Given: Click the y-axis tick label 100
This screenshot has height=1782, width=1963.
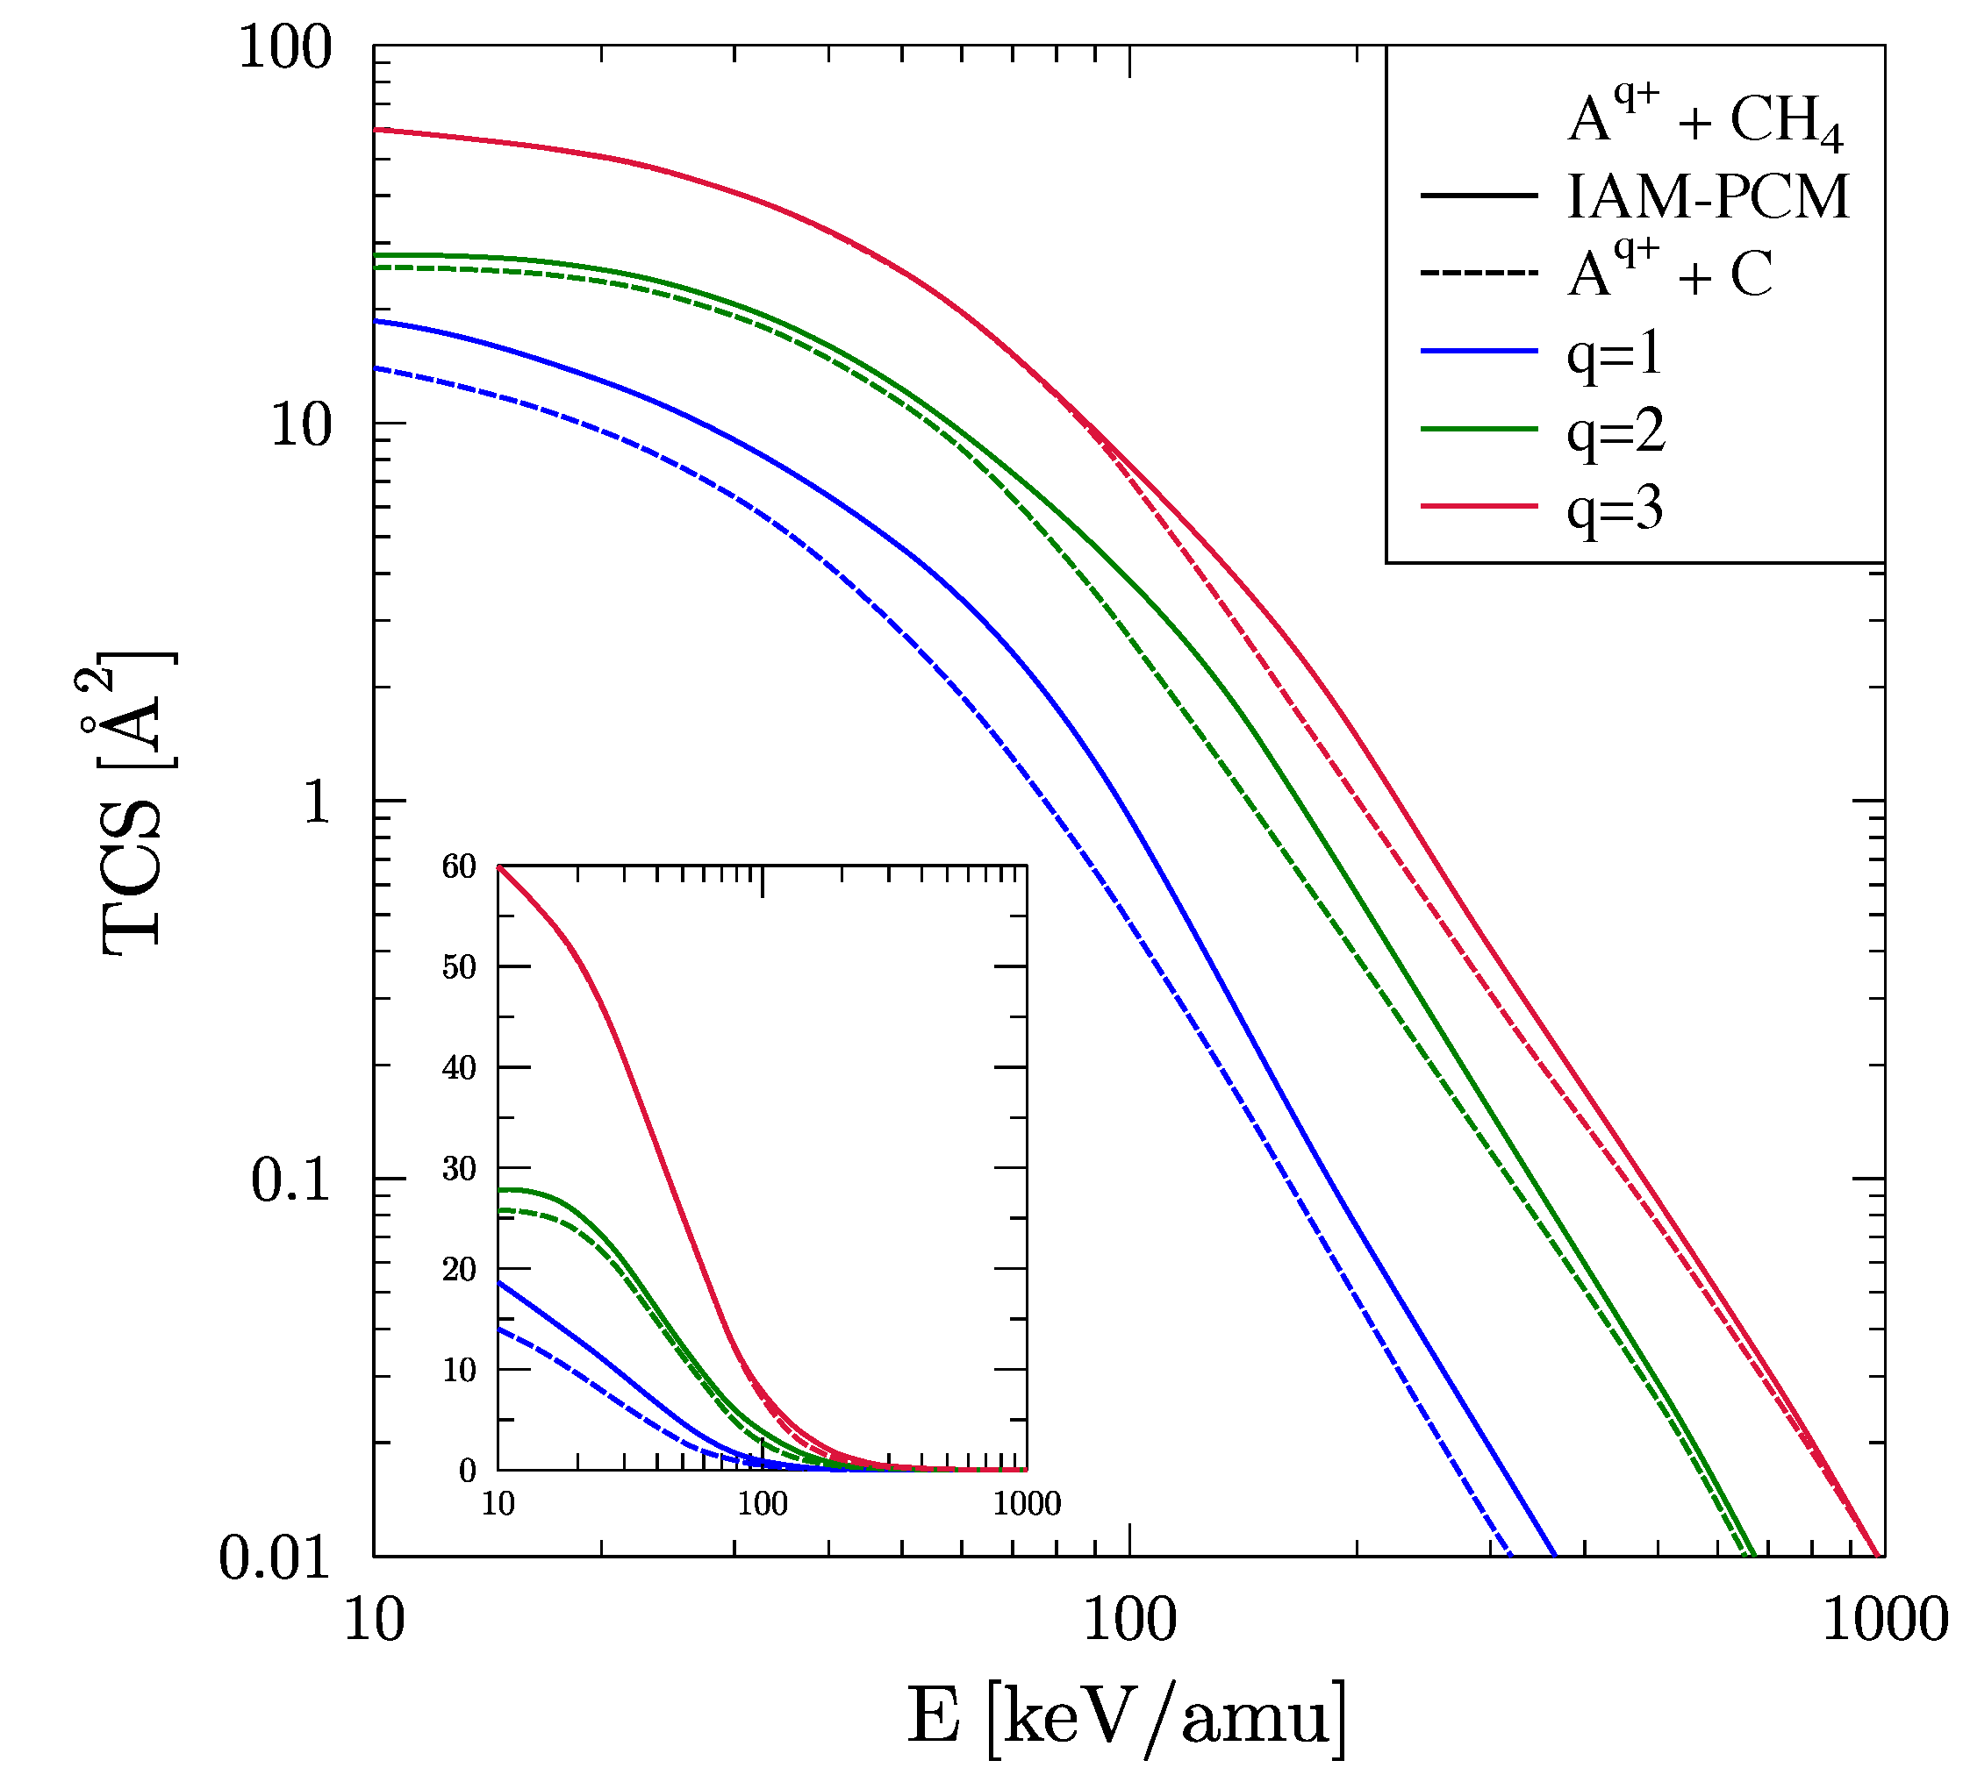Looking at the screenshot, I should pos(284,46).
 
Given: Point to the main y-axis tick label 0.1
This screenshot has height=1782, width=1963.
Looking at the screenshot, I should pos(290,1180).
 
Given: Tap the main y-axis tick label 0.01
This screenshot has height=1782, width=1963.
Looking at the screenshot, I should pos(275,1558).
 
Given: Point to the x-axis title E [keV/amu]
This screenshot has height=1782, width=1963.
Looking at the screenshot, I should pos(1128,1718).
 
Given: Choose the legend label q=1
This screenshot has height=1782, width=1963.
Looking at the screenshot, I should pos(1615,353).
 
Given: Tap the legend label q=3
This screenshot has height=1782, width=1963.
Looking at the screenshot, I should pos(1615,508).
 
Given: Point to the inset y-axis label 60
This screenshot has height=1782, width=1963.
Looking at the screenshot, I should pos(459,866).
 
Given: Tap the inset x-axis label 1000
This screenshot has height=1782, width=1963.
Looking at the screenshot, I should pos(1027,1505).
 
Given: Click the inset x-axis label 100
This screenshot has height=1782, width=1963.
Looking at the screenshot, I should pos(763,1505).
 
